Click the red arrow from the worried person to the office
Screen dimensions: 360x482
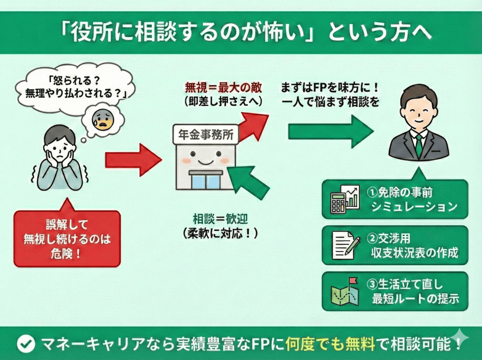pos(133,160)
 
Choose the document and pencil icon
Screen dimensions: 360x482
pos(345,245)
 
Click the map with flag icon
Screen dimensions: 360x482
pos(345,291)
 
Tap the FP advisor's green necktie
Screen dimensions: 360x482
pos(418,145)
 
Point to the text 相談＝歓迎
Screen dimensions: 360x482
pos(219,219)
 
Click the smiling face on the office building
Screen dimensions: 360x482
pos(205,156)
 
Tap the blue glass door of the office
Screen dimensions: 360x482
pos(206,181)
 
